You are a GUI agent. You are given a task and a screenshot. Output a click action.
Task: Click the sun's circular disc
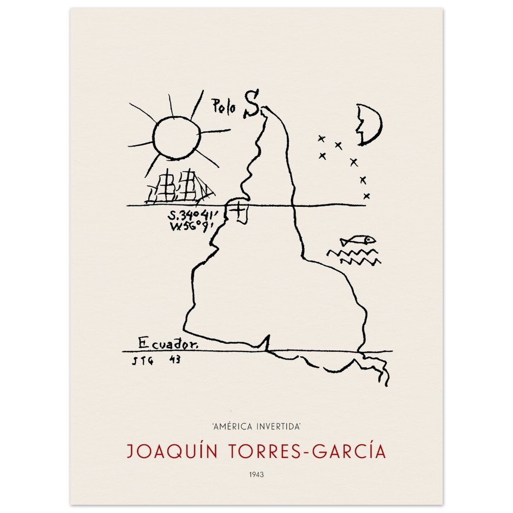pos(175,137)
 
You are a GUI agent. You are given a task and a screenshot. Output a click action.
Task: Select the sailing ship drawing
pos(180,187)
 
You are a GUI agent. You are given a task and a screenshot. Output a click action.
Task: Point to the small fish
pos(358,240)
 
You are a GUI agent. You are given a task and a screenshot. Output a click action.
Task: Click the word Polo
pos(224,106)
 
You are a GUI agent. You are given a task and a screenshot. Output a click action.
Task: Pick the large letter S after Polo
pos(251,104)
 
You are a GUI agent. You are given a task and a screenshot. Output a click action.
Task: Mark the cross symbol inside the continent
pos(240,210)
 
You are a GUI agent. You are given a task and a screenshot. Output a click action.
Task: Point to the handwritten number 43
pos(174,360)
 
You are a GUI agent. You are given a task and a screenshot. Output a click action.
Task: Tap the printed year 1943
pos(256,475)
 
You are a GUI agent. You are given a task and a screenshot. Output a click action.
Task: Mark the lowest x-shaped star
pos(366,195)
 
